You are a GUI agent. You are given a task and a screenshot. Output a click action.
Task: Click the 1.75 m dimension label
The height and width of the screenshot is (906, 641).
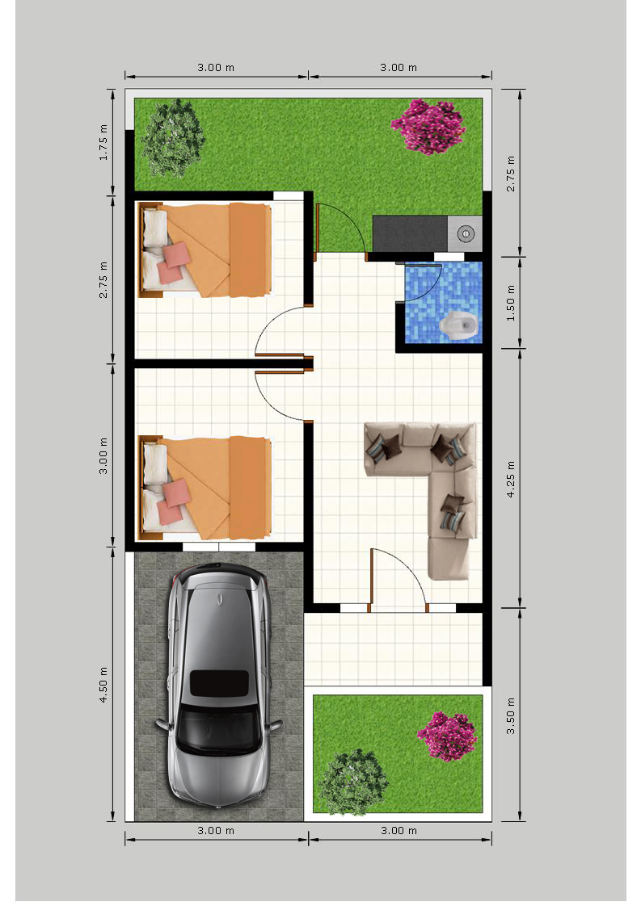(103, 142)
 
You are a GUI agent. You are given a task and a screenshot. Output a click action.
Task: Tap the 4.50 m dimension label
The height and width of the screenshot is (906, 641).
(103, 685)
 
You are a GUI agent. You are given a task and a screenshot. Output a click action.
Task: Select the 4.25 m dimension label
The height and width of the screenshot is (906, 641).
(510, 479)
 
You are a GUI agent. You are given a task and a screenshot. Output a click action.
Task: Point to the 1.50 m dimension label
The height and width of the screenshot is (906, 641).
(510, 303)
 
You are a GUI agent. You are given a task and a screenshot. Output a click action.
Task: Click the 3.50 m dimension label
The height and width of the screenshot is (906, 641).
(510, 715)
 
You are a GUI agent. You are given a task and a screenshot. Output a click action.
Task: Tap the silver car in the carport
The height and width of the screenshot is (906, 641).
(219, 686)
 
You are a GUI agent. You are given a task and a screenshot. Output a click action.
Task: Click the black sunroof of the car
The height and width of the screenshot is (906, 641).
(219, 683)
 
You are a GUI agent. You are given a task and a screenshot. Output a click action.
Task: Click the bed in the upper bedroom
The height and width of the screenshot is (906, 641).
(205, 250)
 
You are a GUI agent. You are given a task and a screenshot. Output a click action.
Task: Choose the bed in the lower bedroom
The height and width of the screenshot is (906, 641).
(205, 488)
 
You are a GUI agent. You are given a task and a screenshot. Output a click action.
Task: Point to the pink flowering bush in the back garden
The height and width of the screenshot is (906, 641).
(428, 126)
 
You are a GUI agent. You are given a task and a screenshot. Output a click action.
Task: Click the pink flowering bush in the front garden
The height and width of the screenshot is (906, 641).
(447, 736)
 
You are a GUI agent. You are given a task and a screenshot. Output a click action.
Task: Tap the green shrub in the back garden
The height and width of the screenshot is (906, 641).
(173, 137)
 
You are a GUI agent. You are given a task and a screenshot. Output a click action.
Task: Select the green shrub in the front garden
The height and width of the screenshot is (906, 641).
(353, 782)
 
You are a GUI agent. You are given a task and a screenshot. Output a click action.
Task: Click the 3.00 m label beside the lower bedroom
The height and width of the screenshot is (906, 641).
(103, 455)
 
